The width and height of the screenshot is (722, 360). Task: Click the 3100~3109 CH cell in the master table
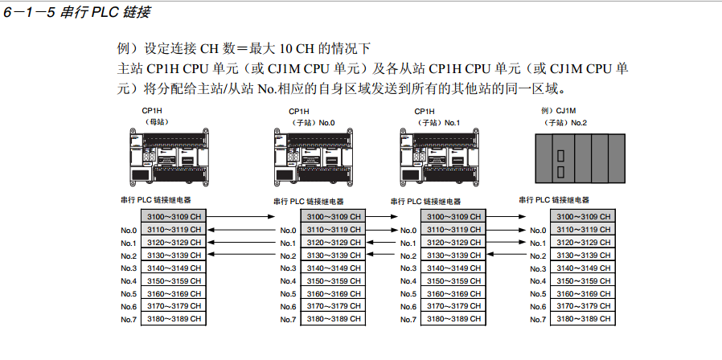point(173,217)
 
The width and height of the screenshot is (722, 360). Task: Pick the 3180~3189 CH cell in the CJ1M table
point(583,319)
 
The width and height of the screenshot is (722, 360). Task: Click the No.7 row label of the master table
point(129,319)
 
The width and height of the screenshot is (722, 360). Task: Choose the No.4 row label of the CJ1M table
point(538,281)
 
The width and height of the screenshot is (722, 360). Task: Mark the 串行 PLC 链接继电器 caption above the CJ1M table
point(554,200)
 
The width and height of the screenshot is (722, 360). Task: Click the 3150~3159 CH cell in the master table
point(173,281)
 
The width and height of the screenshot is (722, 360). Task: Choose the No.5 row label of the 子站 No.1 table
point(408,294)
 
